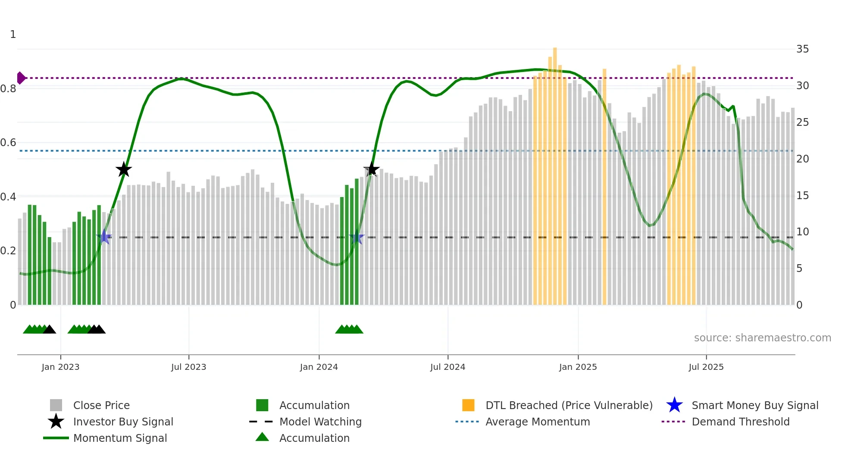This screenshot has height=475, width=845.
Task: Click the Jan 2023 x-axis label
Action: (x=60, y=367)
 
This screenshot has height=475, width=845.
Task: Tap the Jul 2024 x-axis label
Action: (x=448, y=367)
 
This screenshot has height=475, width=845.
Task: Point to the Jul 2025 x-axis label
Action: (x=706, y=367)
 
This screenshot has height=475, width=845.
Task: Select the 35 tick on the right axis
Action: (x=802, y=49)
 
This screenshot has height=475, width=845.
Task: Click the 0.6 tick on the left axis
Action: (x=9, y=143)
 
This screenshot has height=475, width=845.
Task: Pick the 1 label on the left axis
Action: (x=13, y=34)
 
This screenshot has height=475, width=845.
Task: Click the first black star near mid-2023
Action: (x=124, y=169)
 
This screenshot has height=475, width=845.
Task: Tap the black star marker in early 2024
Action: (x=371, y=169)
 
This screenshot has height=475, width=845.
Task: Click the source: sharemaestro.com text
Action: (x=762, y=337)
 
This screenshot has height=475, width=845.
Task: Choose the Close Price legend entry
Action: (x=101, y=405)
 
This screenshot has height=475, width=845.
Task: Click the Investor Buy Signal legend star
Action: (x=56, y=422)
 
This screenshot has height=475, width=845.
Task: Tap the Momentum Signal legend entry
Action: (x=120, y=438)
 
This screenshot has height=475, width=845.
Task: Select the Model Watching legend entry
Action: (x=320, y=422)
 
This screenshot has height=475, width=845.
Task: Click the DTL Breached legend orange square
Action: (x=468, y=405)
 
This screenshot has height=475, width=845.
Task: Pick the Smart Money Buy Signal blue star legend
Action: (x=674, y=405)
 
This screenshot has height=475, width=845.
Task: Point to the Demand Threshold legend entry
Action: (x=740, y=422)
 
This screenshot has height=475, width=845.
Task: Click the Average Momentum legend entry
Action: (x=537, y=422)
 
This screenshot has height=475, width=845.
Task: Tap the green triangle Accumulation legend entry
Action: (x=262, y=437)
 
